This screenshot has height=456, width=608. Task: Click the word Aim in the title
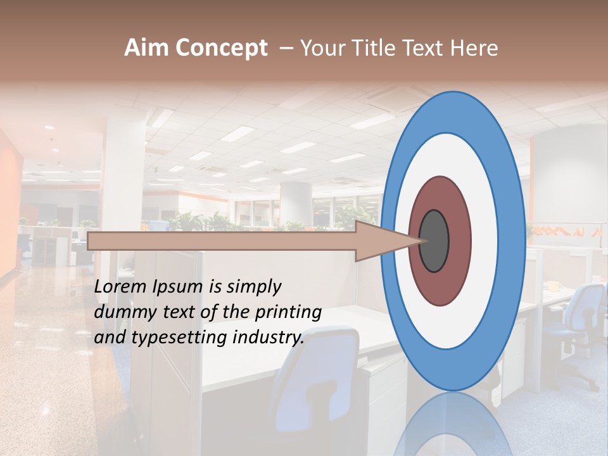click(147, 48)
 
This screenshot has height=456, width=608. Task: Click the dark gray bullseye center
click(434, 241)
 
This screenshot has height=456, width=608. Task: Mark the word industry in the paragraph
click(269, 338)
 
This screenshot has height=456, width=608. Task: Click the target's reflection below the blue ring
click(453, 424)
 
